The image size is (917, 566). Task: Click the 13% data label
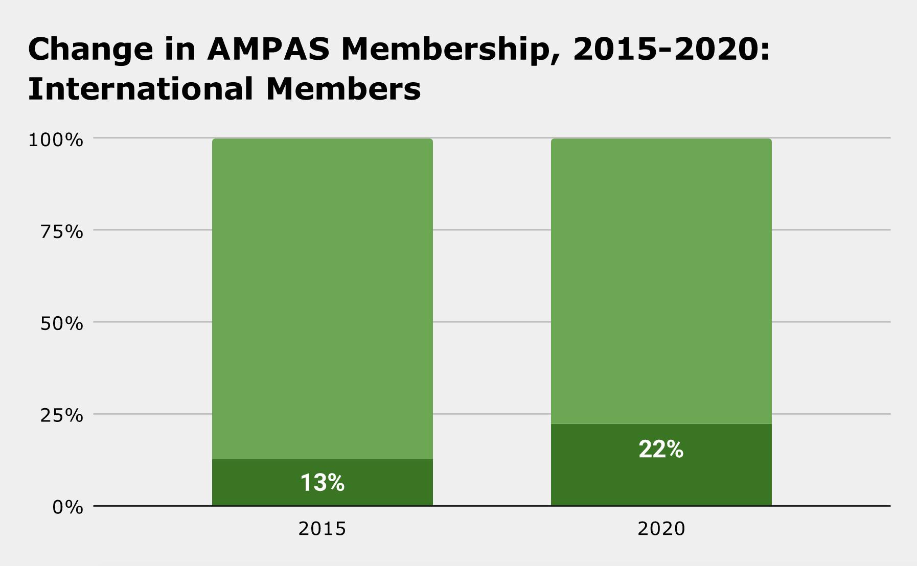click(x=322, y=483)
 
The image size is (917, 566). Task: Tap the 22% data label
click(x=660, y=450)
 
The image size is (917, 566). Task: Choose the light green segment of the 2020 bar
click(x=660, y=281)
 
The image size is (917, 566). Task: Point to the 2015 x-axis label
click(x=322, y=529)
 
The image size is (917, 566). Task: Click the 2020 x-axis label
click(x=660, y=529)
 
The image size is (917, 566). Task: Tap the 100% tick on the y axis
click(x=55, y=139)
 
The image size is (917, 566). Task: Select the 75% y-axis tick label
click(x=61, y=231)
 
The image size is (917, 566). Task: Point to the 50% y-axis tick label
click(x=61, y=323)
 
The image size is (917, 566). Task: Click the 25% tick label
click(x=61, y=415)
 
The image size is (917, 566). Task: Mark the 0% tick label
click(x=67, y=507)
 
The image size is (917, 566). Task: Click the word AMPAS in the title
click(x=268, y=50)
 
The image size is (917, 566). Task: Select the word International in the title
click(x=140, y=89)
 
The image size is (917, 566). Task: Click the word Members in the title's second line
click(x=343, y=89)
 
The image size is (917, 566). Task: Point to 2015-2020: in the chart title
click(x=671, y=50)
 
